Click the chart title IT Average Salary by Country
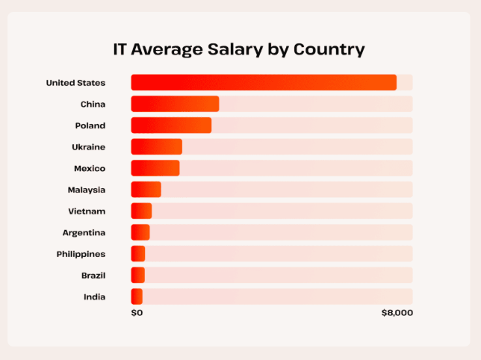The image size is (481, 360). tap(239, 50)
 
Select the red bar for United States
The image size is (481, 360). tap(263, 82)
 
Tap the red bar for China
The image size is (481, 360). tap(175, 104)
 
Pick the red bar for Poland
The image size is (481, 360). tap(171, 125)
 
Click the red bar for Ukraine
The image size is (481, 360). tap(156, 146)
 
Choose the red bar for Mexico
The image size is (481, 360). tap(155, 168)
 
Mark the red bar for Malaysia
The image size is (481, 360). tap(146, 190)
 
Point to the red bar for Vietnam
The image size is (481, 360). tap(141, 211)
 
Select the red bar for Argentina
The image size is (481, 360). tap(140, 232)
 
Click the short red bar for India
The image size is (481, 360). tap(137, 297)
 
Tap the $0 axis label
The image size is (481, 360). tap(137, 313)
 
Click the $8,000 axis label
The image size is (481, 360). tap(397, 313)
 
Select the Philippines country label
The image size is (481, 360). tap(81, 254)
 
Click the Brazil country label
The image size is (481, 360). tap(93, 276)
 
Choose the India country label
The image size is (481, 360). tap(95, 297)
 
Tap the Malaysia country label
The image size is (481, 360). tap(87, 190)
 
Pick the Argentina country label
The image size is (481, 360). tap(84, 232)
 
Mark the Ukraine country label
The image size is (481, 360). tap(89, 147)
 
